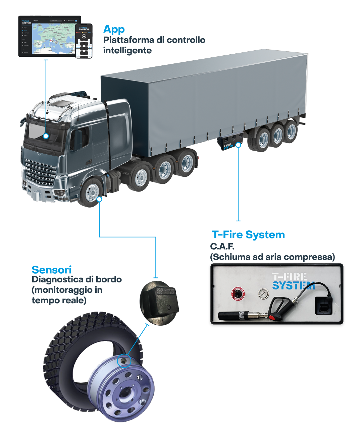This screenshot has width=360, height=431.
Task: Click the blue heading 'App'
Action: click(114, 30)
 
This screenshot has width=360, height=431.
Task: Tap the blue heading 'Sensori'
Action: click(51, 270)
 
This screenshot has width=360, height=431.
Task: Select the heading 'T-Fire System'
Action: click(248, 234)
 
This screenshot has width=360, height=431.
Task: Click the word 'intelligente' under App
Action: click(127, 51)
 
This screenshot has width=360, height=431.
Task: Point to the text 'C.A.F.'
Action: click(222, 247)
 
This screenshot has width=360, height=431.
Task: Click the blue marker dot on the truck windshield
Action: click(46, 136)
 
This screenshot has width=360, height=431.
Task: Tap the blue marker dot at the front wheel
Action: click(99, 199)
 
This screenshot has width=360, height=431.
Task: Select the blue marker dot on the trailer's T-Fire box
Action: click(238, 145)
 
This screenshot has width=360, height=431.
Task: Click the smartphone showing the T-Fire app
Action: click(84, 41)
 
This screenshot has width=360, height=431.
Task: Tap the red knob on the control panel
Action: click(238, 294)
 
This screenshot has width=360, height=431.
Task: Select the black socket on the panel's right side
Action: click(323, 306)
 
